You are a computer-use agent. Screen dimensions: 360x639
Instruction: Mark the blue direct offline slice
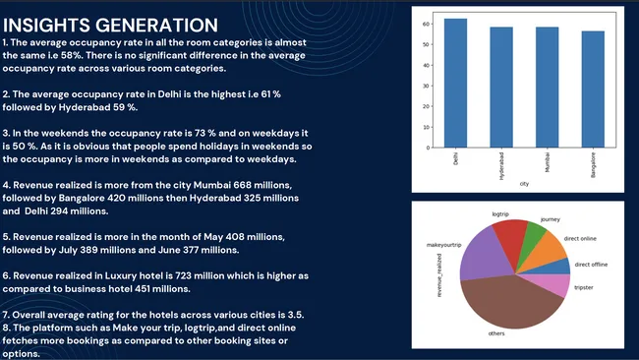[558, 267]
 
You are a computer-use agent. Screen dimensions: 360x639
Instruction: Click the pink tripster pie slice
[553, 284]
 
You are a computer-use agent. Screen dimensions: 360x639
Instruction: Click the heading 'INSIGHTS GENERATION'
[111, 24]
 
